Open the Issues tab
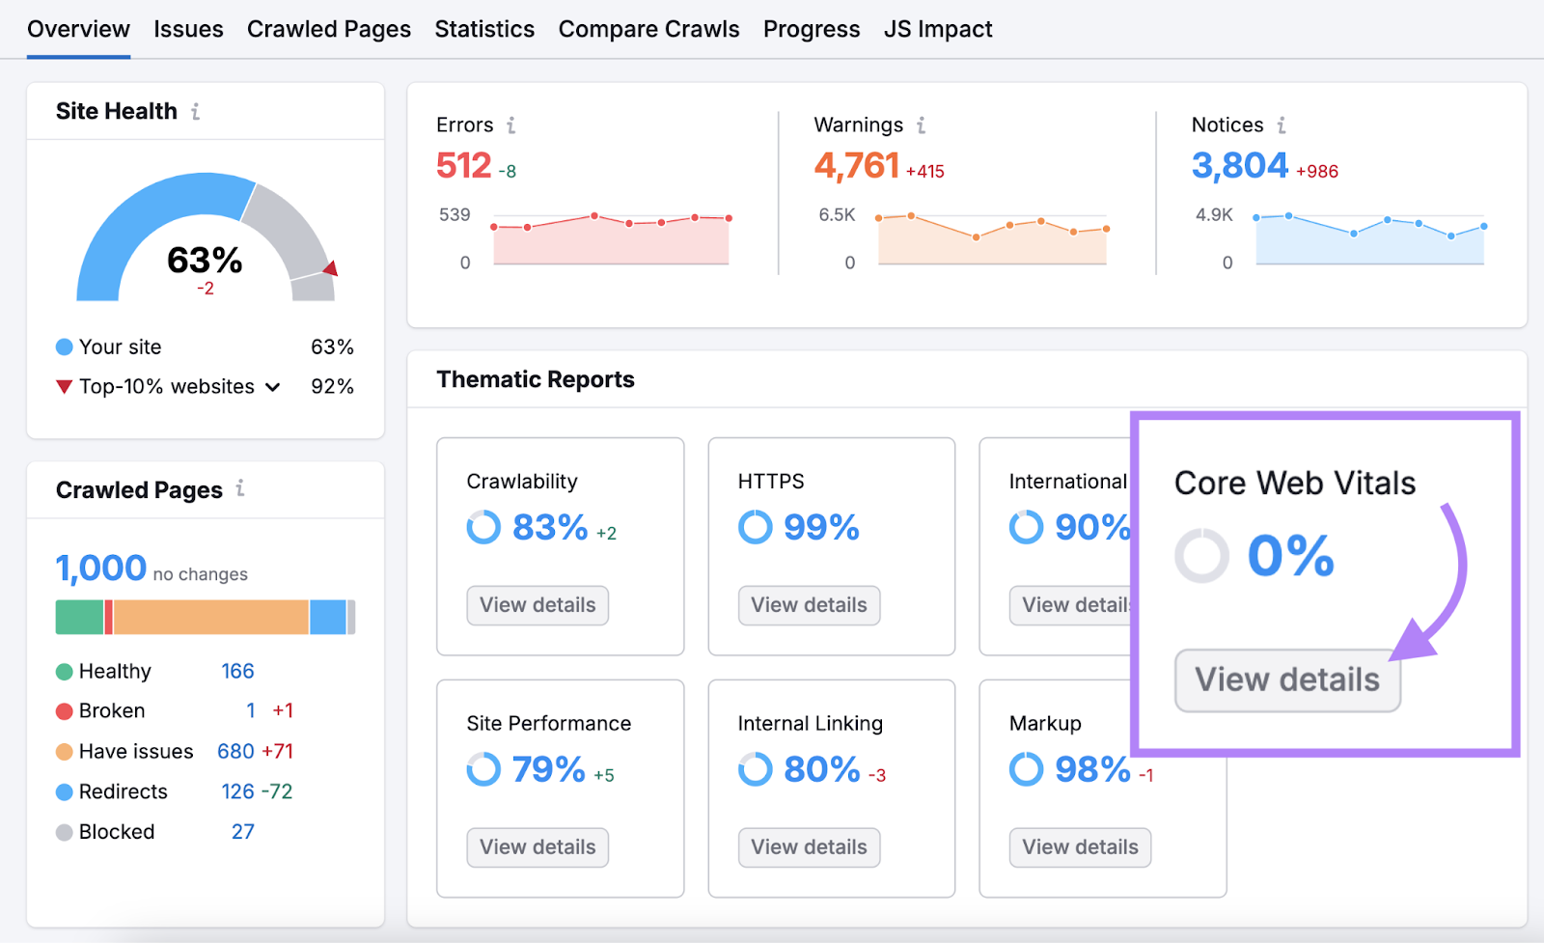tap(188, 29)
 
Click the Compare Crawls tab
tap(648, 29)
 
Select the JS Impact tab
tap(937, 29)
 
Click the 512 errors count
tap(464, 165)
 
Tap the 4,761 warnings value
tap(856, 165)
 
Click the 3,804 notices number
tap(1239, 165)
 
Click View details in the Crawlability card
tap(538, 605)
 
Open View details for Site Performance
tap(538, 847)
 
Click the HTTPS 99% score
tap(820, 527)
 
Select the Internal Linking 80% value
tap(821, 769)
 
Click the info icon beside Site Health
tap(196, 112)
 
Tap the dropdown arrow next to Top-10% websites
tap(273, 387)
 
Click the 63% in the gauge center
tap(205, 260)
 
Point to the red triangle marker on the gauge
tap(331, 268)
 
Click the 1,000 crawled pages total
tap(101, 568)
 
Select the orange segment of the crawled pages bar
tap(210, 617)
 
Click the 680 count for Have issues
tap(235, 751)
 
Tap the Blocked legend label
tap(117, 832)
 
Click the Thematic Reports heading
tap(536, 379)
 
